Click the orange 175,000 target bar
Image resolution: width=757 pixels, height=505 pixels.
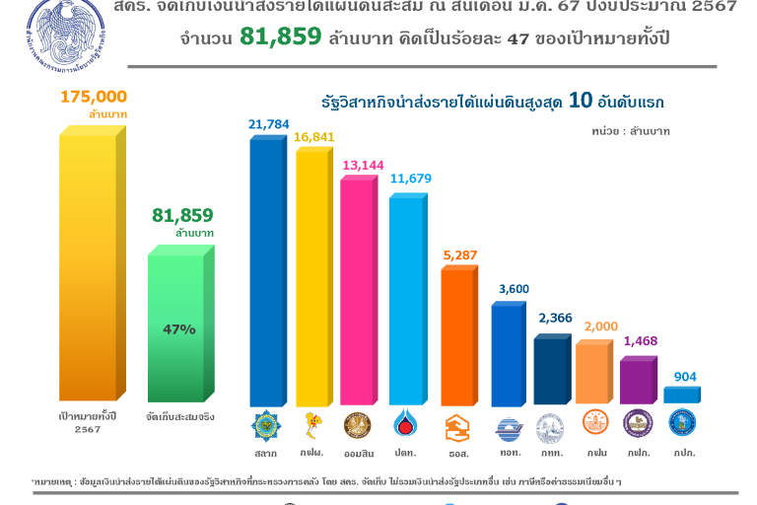[88, 266]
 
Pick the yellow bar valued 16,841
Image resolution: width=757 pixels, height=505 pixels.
[311, 276]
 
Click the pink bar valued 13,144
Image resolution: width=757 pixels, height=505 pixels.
[358, 291]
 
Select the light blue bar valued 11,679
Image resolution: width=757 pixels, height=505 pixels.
[405, 301]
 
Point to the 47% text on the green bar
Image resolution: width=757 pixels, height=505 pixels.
[179, 329]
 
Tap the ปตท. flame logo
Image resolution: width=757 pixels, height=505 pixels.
[404, 425]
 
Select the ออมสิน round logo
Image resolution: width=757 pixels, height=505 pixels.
[357, 425]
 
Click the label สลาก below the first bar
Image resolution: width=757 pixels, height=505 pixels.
[265, 453]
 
